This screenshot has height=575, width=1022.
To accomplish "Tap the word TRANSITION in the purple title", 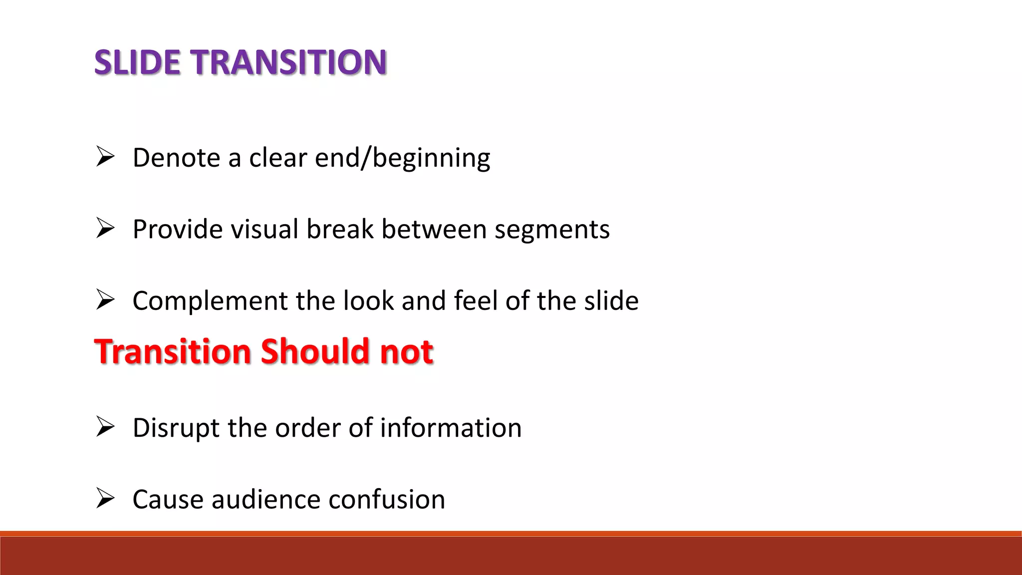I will [x=290, y=62].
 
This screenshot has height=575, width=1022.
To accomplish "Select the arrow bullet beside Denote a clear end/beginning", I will [x=105, y=157].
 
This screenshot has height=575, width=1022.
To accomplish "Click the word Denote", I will [x=177, y=158].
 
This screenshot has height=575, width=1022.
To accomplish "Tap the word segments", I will [x=552, y=230].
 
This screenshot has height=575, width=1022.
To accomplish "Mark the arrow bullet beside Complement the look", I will [x=105, y=299].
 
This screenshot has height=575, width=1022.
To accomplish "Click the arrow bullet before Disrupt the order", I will [x=105, y=427].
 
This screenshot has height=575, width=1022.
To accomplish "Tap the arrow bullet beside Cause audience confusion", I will [x=105, y=498].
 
